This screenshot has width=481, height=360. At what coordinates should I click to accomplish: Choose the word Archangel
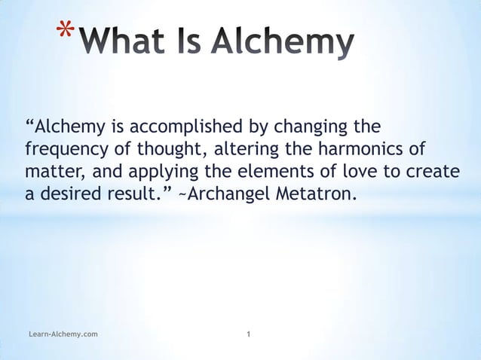pos(219,194)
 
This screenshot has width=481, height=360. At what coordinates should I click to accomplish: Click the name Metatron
pos(314,194)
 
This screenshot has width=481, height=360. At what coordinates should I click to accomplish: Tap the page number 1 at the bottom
pos(249,332)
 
